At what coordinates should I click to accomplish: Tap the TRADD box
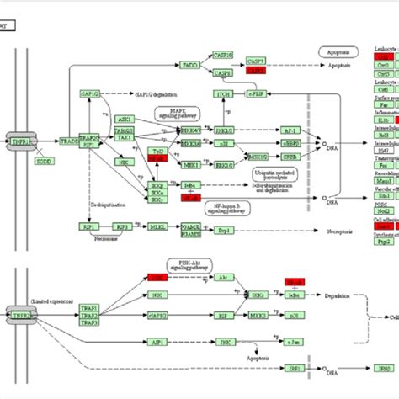point(70,142)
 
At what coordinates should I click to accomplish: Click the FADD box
point(190,63)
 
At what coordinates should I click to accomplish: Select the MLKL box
point(157,203)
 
